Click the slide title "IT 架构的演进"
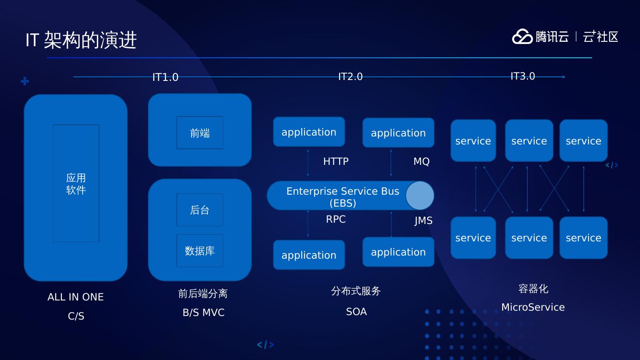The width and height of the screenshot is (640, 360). [x=81, y=40]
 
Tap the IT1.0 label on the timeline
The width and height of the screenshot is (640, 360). [x=165, y=77]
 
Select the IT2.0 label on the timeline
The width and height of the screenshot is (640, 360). [x=350, y=77]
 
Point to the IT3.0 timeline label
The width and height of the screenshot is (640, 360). [x=523, y=76]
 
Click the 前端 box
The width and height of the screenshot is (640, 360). [x=200, y=133]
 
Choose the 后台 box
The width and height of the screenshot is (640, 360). [x=200, y=210]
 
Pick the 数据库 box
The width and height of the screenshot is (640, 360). [x=200, y=251]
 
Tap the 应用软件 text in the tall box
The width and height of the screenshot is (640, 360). [x=76, y=184]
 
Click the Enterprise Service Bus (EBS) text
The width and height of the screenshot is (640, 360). [x=343, y=197]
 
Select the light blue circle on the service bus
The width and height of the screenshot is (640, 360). [x=420, y=196]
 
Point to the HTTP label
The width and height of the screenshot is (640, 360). [x=336, y=161]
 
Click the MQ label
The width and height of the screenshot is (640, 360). [x=421, y=161]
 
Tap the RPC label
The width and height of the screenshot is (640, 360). [x=336, y=219]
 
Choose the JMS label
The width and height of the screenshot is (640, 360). [x=423, y=221]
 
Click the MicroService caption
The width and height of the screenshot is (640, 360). [x=533, y=307]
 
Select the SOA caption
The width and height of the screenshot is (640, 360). [x=356, y=312]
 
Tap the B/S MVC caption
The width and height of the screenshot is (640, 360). [x=204, y=312]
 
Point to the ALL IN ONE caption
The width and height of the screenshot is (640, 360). [x=76, y=297]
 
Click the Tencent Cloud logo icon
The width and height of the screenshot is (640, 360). [x=522, y=36]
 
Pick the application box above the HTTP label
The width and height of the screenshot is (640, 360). [x=309, y=132]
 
